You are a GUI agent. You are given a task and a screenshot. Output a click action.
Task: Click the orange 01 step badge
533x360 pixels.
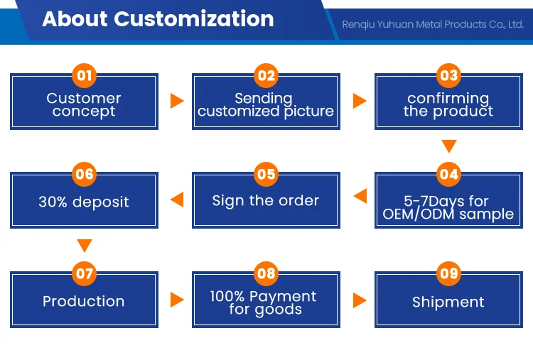pyautogui.click(x=85, y=75)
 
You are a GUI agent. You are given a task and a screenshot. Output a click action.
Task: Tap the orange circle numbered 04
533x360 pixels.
pyautogui.click(x=448, y=174)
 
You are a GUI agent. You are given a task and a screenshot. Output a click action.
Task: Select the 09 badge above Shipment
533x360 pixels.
pyautogui.click(x=448, y=273)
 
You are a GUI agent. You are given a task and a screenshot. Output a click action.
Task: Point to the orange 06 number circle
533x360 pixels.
pyautogui.click(x=85, y=174)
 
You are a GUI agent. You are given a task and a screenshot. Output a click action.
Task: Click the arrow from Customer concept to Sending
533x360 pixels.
pyautogui.click(x=177, y=101)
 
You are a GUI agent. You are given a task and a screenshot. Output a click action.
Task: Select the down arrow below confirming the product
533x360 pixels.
pyautogui.click(x=449, y=146)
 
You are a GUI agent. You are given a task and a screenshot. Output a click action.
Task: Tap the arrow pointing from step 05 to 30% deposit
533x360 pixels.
pyautogui.click(x=177, y=200)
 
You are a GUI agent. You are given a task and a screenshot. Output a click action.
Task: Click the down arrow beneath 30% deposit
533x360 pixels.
pyautogui.click(x=85, y=246)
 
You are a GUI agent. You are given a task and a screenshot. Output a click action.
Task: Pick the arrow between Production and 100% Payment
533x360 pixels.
pyautogui.click(x=177, y=300)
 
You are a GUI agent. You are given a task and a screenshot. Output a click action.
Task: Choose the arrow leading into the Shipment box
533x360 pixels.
pyautogui.click(x=360, y=300)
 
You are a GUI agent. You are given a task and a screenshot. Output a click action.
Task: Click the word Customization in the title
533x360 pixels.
pyautogui.click(x=194, y=18)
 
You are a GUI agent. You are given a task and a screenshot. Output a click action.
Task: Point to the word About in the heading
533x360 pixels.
pyautogui.click(x=75, y=18)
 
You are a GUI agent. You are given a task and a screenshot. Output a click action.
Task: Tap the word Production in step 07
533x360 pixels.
pyautogui.click(x=84, y=301)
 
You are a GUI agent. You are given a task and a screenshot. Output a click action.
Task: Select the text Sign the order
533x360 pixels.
pyautogui.click(x=266, y=201)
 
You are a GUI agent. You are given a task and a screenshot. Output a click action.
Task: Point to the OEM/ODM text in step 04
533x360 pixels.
pyautogui.click(x=419, y=214)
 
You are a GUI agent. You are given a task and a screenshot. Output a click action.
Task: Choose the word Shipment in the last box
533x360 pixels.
pyautogui.click(x=448, y=302)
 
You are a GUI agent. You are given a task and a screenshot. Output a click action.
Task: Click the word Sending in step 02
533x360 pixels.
pyautogui.click(x=264, y=99)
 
